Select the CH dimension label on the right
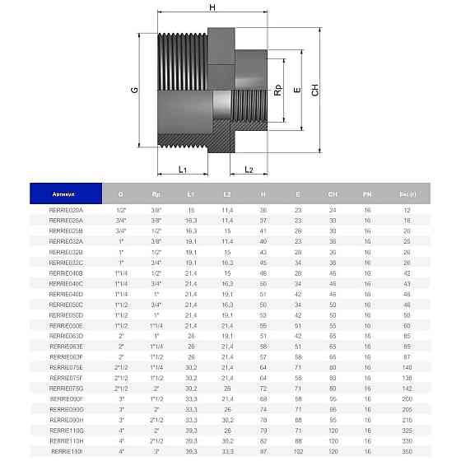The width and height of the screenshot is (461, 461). (315, 92)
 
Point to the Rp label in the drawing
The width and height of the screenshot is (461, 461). (277, 90)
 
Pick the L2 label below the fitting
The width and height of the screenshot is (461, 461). (248, 170)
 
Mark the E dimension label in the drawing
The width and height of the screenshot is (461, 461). (296, 91)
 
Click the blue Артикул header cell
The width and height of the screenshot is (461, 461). (66, 194)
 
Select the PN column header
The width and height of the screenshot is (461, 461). (367, 194)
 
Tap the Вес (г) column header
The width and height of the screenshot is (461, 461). (407, 194)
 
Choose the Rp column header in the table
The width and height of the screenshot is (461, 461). (156, 194)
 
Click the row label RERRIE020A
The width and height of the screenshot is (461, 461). (66, 210)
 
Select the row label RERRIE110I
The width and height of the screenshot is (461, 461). (66, 452)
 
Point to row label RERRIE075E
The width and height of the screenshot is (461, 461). (66, 366)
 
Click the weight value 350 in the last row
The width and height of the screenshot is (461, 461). (407, 452)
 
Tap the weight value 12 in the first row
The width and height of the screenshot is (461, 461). (407, 210)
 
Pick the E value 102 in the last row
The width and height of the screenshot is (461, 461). (297, 452)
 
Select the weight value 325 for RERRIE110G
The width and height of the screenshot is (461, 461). (407, 431)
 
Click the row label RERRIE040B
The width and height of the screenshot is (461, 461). (66, 272)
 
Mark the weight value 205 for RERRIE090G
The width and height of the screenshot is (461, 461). (407, 409)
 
